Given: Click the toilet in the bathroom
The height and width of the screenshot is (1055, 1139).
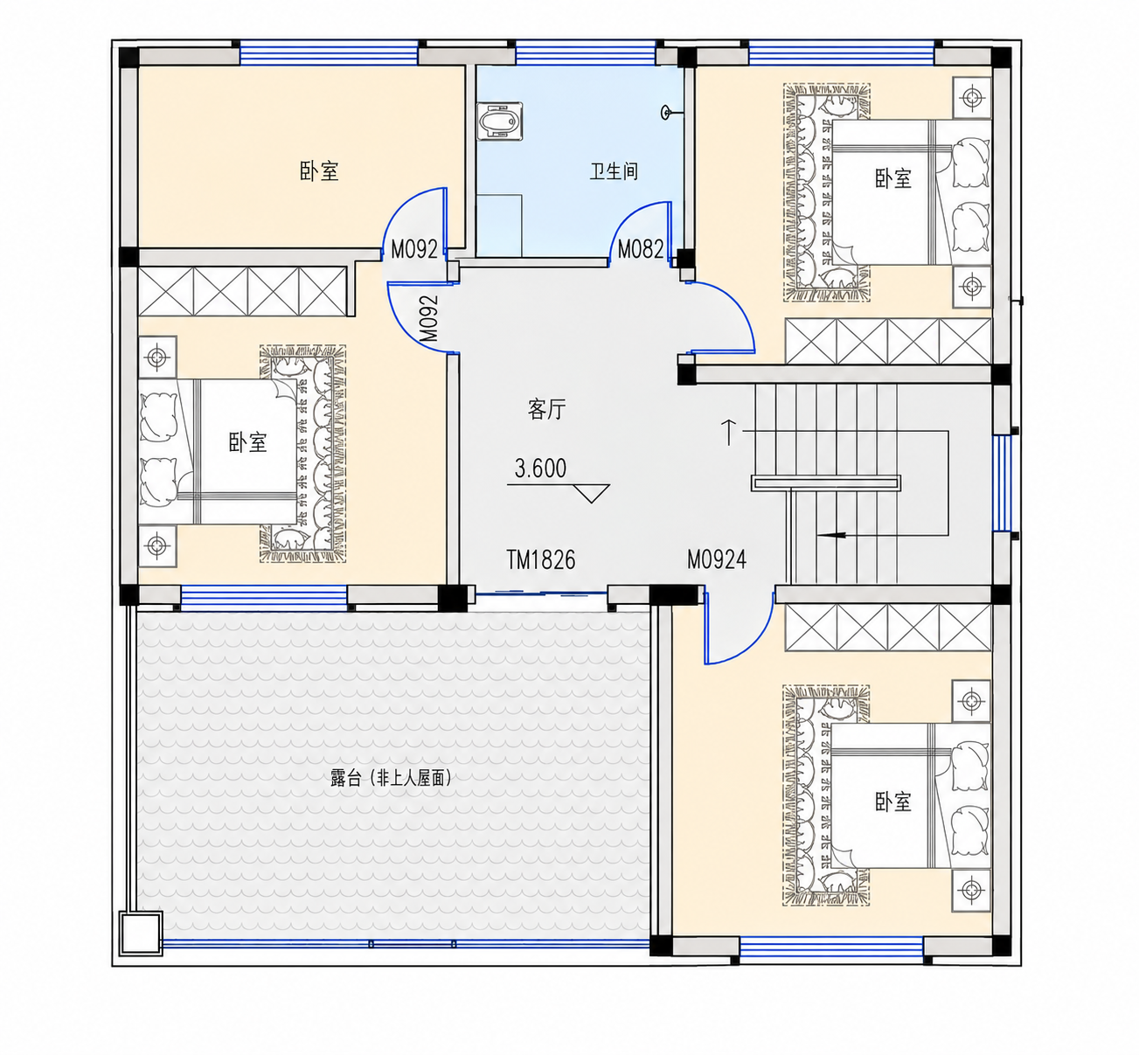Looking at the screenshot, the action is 499,121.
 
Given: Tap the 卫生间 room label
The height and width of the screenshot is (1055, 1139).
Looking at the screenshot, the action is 614,171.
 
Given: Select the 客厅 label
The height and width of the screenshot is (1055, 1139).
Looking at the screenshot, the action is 546,410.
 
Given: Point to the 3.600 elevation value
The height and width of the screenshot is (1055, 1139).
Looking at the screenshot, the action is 540,469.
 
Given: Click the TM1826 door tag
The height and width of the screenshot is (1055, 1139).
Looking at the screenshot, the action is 541,560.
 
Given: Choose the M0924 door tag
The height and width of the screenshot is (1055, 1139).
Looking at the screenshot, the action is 717,559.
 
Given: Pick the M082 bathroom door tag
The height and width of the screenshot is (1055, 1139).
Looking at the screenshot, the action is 641,250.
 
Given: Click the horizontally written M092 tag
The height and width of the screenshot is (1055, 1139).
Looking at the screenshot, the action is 414,250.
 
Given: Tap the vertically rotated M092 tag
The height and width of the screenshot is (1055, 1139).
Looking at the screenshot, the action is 429,318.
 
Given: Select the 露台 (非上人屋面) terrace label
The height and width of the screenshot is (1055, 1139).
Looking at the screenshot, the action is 391,778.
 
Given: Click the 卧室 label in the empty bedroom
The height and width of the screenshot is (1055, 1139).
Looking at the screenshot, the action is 319,171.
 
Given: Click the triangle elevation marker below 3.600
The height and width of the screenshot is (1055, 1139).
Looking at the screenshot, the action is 591,493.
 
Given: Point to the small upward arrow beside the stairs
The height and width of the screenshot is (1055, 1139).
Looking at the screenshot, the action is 728,432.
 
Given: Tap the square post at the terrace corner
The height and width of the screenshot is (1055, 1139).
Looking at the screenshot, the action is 141,933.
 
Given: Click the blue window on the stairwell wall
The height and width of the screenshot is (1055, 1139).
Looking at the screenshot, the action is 1003,483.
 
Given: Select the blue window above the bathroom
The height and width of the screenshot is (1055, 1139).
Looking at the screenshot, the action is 585,52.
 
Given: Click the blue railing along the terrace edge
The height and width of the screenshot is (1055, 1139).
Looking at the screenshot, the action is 405,944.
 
